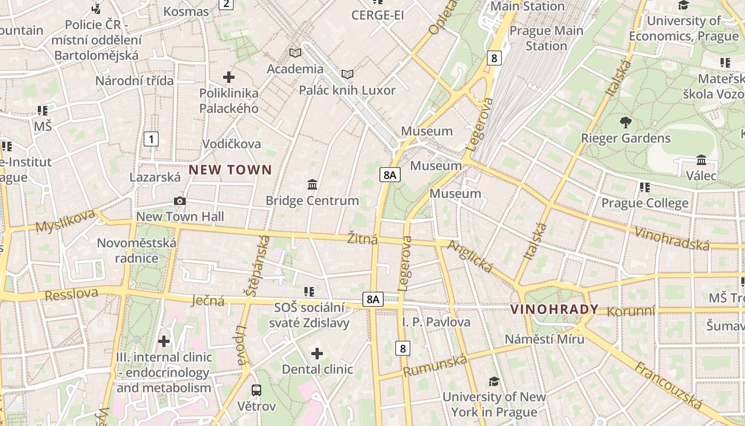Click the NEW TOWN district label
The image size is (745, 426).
(x=230, y=170)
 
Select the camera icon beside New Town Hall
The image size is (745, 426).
(x=180, y=201)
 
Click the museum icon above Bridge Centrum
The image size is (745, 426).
(x=312, y=185)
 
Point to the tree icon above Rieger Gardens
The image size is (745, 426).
(x=626, y=122)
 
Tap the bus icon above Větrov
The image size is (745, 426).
(x=256, y=390)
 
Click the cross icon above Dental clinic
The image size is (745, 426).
(x=317, y=353)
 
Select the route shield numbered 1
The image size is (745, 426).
(x=152, y=140)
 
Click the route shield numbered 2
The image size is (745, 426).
(x=226, y=4)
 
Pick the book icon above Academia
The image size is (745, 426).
(x=295, y=53)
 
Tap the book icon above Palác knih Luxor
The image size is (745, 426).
(x=347, y=74)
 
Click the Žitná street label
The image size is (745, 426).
(x=363, y=239)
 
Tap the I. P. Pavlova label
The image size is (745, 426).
(x=436, y=322)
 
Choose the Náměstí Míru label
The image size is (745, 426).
(x=544, y=339)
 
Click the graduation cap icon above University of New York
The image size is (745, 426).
(x=494, y=381)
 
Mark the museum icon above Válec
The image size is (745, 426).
(x=701, y=160)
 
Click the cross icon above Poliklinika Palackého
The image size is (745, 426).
(x=229, y=77)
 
